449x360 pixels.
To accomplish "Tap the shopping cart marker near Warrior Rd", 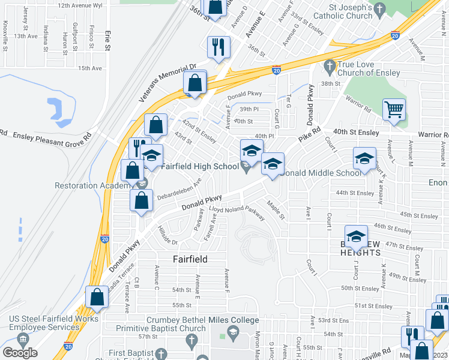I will (394, 110).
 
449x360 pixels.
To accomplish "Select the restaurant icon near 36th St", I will (218, 47).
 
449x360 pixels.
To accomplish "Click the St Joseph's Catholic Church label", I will (339, 11).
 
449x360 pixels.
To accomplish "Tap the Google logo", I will (20, 353).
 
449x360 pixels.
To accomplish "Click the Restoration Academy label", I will (92, 185).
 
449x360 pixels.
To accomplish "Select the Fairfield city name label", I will (190, 259).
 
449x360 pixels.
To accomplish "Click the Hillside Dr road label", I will (167, 236).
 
